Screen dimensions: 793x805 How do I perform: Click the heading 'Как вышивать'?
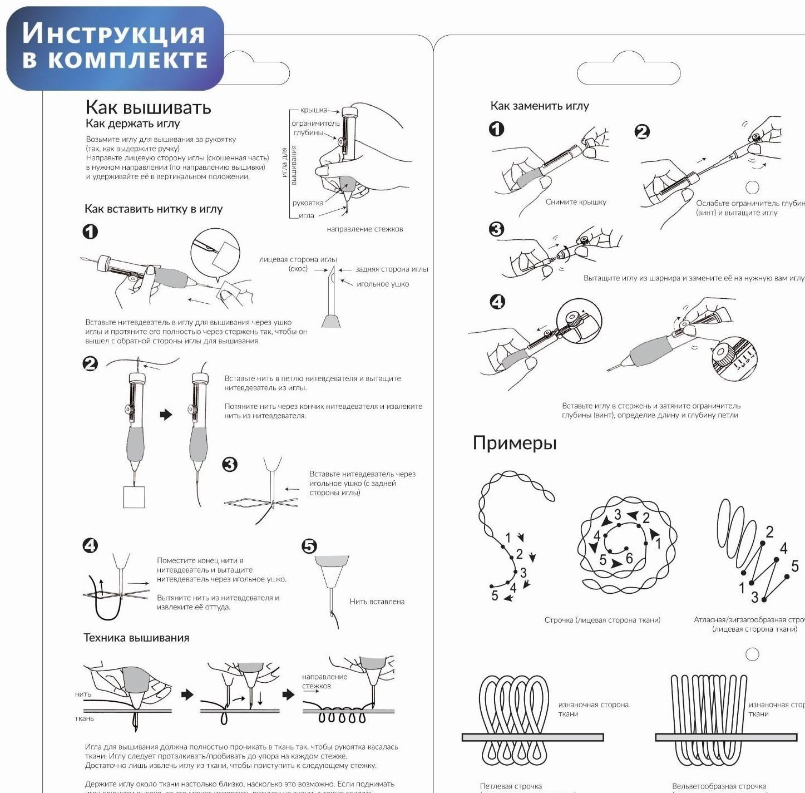[148, 107]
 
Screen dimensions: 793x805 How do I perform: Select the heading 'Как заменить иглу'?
[539, 106]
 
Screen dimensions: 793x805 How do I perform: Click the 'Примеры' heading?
[515, 443]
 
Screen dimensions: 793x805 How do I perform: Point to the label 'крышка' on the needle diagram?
[314, 110]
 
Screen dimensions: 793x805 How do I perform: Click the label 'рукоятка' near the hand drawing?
[308, 203]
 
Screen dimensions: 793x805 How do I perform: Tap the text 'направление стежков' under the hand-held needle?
[364, 229]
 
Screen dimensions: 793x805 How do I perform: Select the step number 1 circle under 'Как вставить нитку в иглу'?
[90, 232]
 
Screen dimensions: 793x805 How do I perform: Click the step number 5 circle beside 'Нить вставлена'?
[309, 546]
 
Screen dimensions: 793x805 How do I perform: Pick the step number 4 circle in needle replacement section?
[497, 302]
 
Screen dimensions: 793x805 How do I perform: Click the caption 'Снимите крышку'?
[576, 202]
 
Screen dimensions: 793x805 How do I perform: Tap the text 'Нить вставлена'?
[377, 601]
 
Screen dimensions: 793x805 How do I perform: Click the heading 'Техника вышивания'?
[136, 638]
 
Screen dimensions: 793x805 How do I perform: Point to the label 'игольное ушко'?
[383, 284]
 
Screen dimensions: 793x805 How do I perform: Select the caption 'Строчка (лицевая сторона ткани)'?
[602, 620]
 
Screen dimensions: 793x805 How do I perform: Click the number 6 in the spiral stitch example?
[629, 558]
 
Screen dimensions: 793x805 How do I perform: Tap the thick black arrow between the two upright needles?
[166, 414]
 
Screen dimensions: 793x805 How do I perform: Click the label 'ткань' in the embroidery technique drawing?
[85, 718]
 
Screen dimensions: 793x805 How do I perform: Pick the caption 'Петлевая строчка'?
[511, 786]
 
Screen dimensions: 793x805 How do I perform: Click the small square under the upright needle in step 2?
[134, 497]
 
